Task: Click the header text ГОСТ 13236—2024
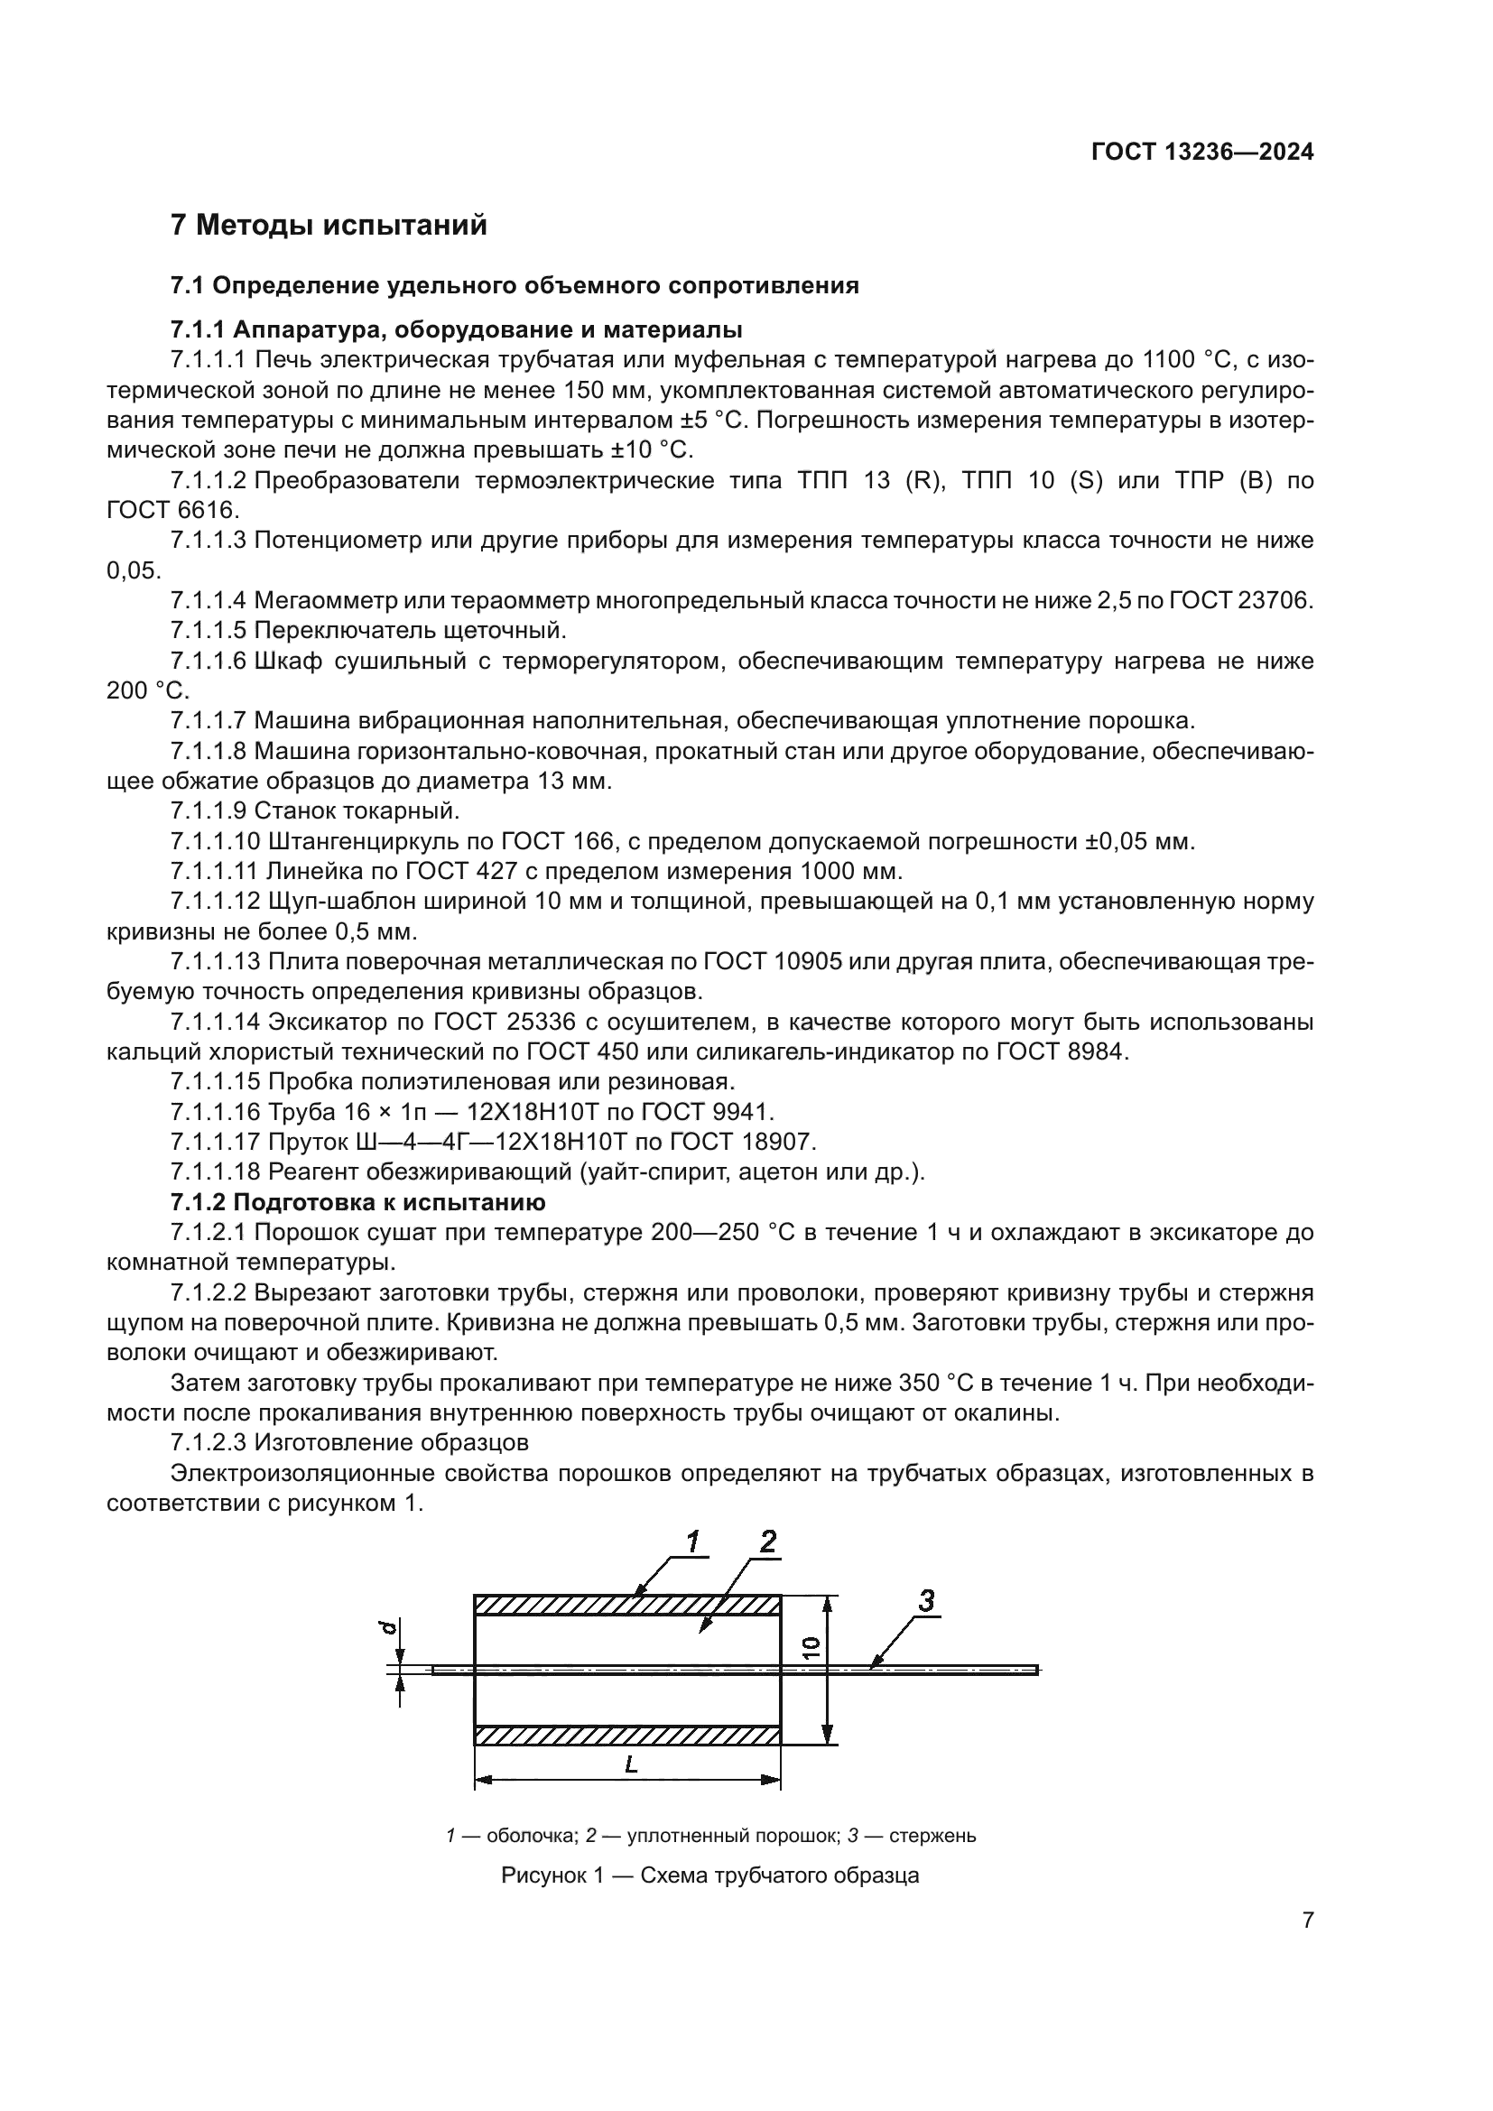[1201, 152]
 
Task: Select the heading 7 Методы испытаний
[329, 226]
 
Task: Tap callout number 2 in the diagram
[767, 1541]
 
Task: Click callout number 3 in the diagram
[927, 1601]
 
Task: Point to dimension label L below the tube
[631, 1764]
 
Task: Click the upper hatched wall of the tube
[627, 1606]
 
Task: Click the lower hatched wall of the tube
[627, 1735]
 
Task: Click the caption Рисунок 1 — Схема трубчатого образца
[709, 1875]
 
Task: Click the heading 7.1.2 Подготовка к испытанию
[357, 1202]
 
